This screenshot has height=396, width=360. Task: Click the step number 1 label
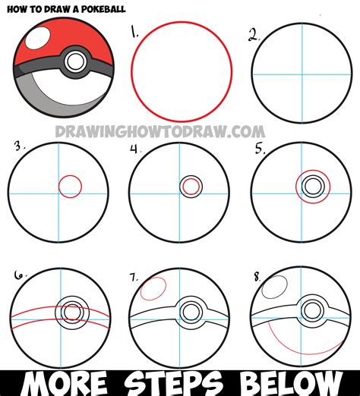pos(134,33)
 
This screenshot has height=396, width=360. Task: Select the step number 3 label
pos(15,146)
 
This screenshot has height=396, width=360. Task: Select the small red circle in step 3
pos(70,185)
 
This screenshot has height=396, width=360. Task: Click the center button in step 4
pos(191,185)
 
